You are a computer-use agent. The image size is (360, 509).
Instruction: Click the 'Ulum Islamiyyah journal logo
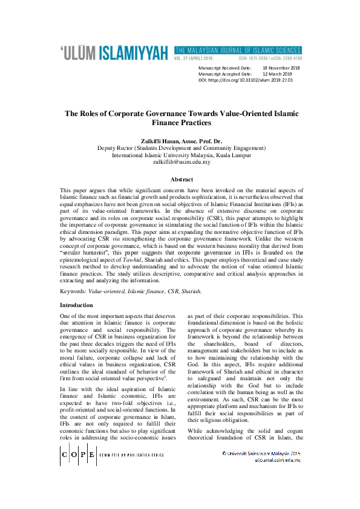114,53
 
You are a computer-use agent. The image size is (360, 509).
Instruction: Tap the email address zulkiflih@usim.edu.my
181,161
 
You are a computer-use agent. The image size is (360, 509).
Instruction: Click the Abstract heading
181,180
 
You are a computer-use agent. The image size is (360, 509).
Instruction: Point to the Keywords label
73,291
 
